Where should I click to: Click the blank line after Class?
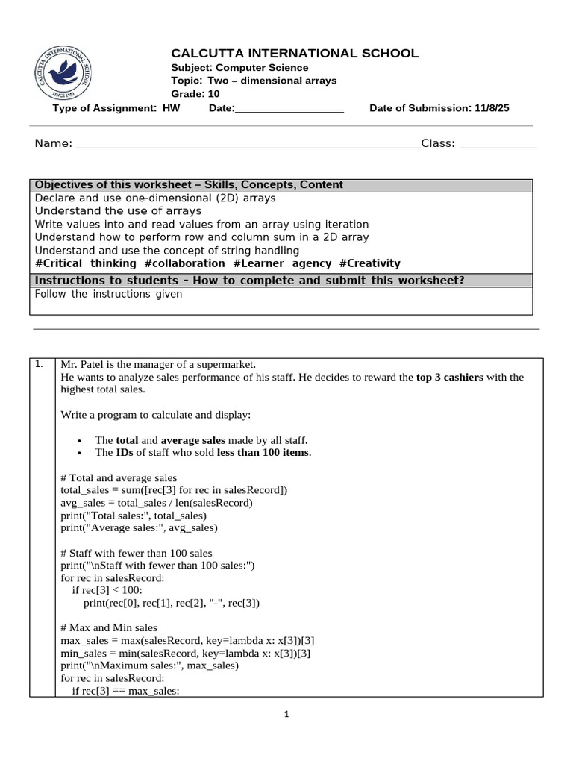pos(498,143)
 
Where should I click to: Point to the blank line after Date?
pos(289,109)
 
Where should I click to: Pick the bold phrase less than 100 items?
pos(263,453)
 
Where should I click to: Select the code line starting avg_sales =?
pos(157,503)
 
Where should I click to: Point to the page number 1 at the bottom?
pos(286,714)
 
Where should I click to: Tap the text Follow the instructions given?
pos(108,294)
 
